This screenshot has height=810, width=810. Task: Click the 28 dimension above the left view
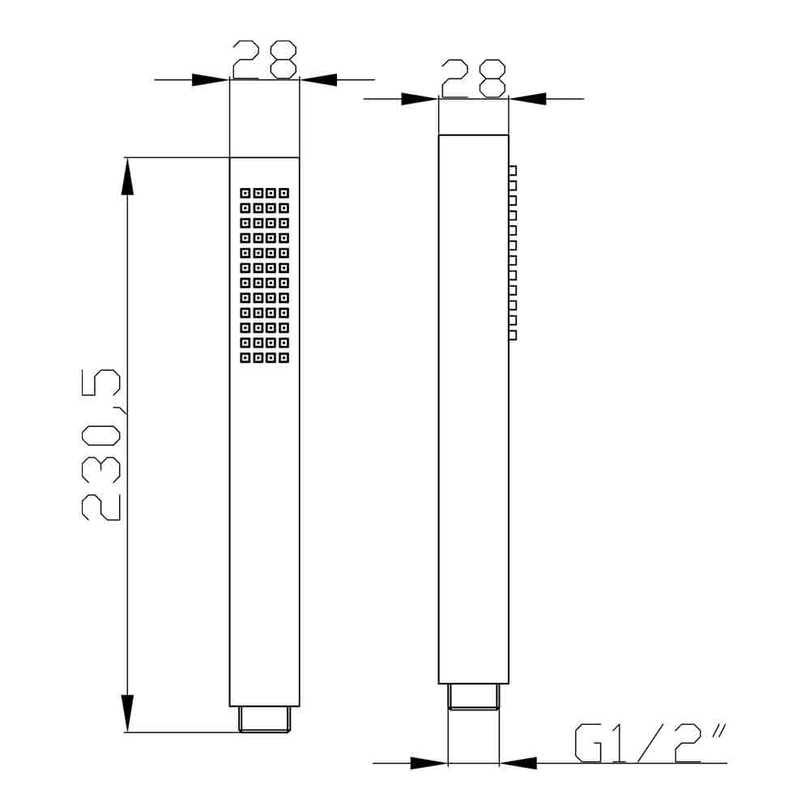(264, 59)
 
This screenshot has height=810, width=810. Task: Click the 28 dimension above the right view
(473, 79)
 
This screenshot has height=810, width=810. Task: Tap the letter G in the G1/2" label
(587, 743)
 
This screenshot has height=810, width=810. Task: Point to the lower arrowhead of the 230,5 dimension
(127, 713)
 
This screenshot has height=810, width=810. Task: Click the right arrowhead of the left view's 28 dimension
(318, 79)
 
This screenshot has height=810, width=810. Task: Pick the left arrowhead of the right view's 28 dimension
(420, 99)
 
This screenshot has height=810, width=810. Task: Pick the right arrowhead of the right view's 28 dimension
(527, 99)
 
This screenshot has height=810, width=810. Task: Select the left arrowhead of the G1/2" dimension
(429, 763)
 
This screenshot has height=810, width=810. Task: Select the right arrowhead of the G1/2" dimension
(518, 763)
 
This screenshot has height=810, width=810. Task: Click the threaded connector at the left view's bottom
(265, 719)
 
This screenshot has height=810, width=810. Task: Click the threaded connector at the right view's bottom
(474, 697)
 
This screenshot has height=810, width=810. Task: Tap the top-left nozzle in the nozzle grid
(245, 193)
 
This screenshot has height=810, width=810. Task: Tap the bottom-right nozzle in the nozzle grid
(284, 356)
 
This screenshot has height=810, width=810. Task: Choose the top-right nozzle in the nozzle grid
(284, 193)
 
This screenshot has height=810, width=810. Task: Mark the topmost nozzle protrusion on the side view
(513, 170)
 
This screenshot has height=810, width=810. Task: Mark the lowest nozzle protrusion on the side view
(513, 335)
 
